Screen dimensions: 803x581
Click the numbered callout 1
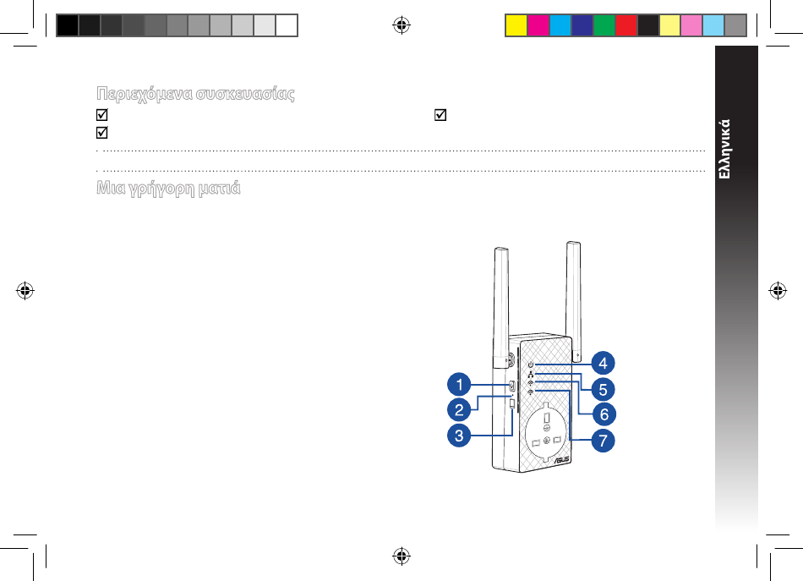(459, 384)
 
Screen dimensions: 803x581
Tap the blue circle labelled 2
(459, 410)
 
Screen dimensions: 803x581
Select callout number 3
(459, 436)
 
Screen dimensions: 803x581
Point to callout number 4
(603, 364)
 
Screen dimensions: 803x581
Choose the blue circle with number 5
(603, 389)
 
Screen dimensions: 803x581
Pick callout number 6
(604, 414)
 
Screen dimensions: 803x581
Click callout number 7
(603, 440)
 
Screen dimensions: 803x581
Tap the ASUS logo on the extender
(562, 459)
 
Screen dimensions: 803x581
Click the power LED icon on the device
(531, 364)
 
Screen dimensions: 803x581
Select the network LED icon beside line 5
(531, 375)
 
